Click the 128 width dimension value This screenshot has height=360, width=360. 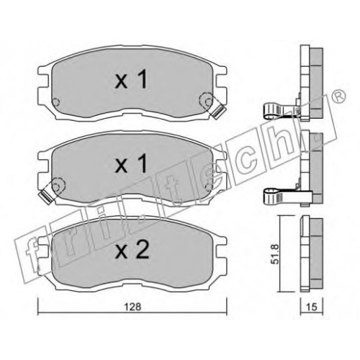(132, 307)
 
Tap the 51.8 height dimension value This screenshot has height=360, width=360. (276, 254)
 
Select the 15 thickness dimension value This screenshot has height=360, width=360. (312, 307)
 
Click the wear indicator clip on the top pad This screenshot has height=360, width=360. (220, 112)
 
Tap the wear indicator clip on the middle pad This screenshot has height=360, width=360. (45, 196)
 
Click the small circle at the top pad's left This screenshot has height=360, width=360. (56, 102)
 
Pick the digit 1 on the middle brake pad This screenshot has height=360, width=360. (143, 163)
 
